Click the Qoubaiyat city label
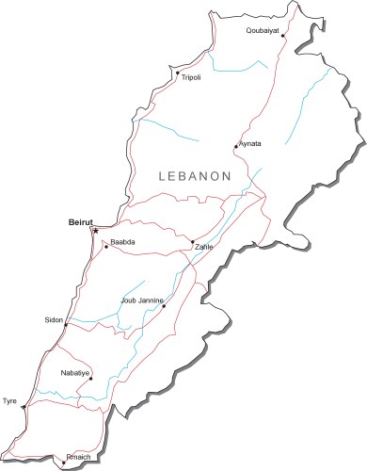pos(263,30)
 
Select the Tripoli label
pos(192,78)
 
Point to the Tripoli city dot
pos(177,73)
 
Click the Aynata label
pos(249,143)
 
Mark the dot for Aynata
pos(235,147)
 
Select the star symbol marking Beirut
pos(94,229)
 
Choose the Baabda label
pos(123,242)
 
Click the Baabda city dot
pos(106,247)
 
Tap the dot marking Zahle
pos(192,242)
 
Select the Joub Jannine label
pos(142,300)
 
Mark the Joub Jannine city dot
pos(164,305)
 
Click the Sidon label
pos(54,320)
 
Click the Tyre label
pos(10,400)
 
